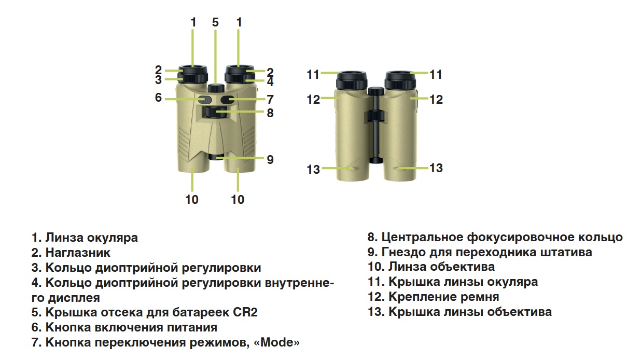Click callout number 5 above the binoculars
tap(215, 22)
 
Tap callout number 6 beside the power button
tap(158, 98)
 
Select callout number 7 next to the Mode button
tap(270, 100)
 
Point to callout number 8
tap(270, 113)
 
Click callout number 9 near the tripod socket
tap(270, 160)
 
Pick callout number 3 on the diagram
tap(158, 80)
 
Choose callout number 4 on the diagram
tap(270, 82)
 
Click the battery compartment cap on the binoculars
tap(216, 88)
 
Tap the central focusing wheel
tap(216, 113)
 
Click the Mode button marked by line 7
tap(227, 100)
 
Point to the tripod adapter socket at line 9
tap(216, 157)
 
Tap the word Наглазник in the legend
tap(78, 253)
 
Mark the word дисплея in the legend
tap(74, 298)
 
